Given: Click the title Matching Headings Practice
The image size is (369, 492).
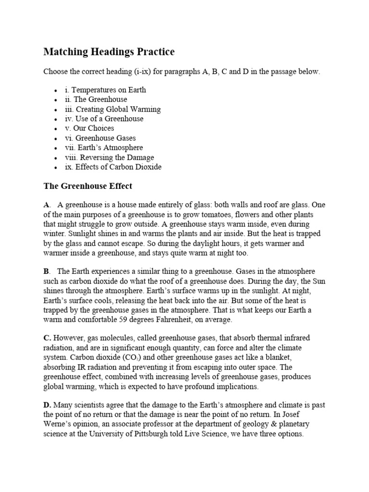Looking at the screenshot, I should click(109, 51).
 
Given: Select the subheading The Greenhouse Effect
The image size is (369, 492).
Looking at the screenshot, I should click(87, 185).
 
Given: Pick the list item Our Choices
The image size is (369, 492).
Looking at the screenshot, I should click(89, 128).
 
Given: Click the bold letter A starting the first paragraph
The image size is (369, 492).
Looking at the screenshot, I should click(46, 205).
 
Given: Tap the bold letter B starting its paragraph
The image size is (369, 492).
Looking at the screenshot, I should click(46, 271).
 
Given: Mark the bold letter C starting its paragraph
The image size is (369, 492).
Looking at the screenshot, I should click(47, 338).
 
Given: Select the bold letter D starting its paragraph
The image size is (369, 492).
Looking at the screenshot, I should click(47, 405).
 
